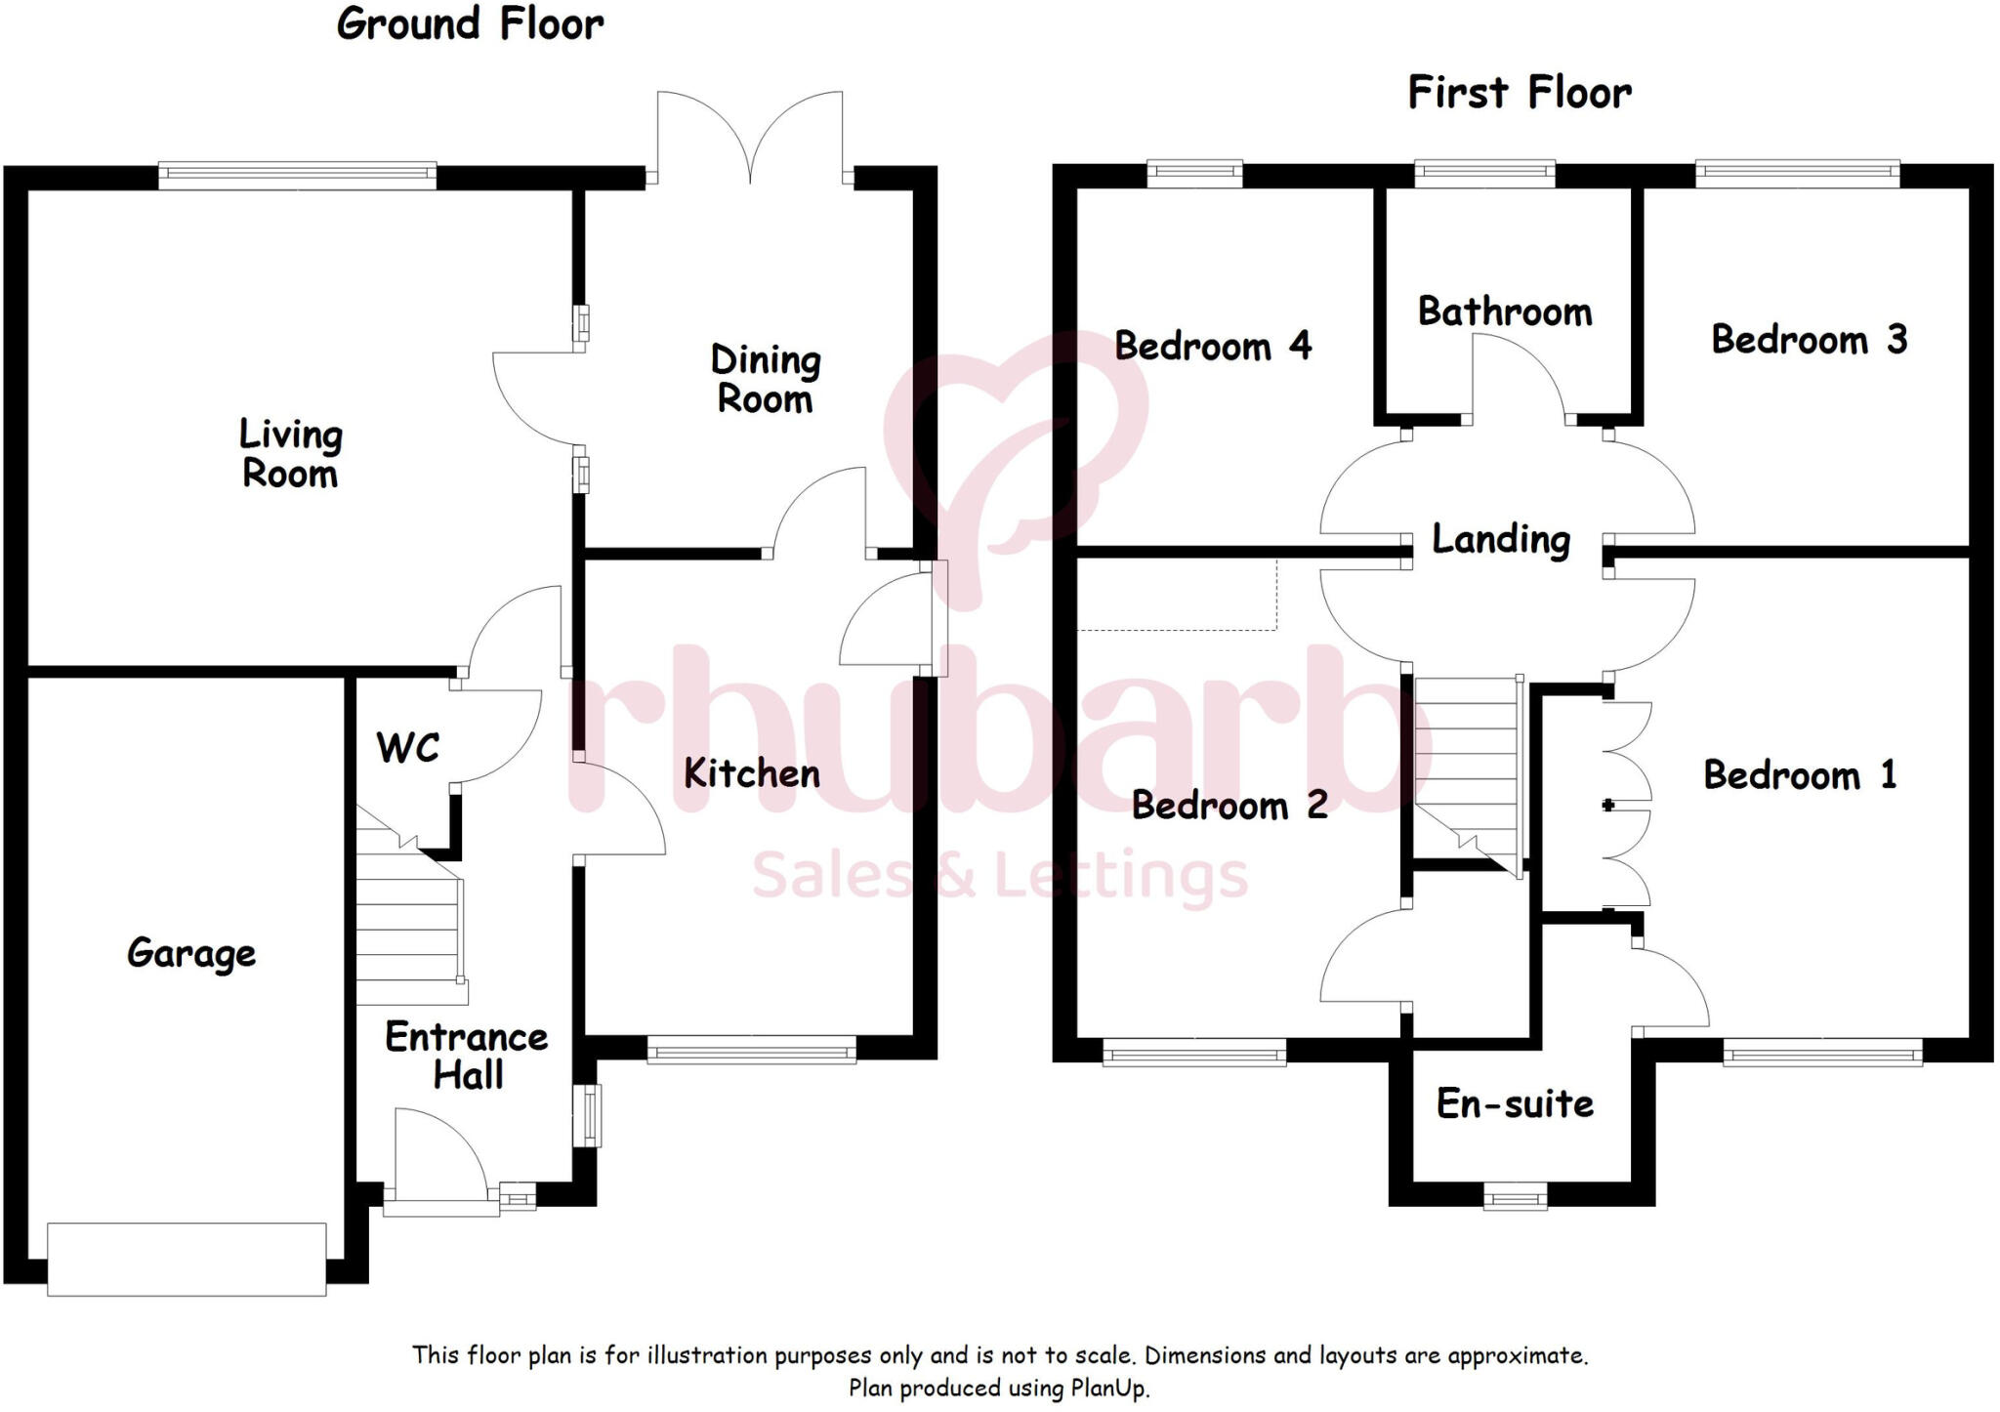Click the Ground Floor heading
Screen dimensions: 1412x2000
[x=470, y=24]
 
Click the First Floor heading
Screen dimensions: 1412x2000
[x=1519, y=94]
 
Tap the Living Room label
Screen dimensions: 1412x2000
[x=290, y=454]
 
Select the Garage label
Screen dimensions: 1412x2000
[x=191, y=953]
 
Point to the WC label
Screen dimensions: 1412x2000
[x=407, y=748]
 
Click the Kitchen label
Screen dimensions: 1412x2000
[x=751, y=773]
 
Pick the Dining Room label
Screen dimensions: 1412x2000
[x=765, y=380]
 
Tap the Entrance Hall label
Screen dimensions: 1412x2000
[x=467, y=1056]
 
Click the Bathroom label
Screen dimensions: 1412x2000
[x=1505, y=311]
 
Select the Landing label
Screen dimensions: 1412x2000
[x=1501, y=539]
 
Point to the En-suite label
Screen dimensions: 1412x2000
[x=1515, y=1104]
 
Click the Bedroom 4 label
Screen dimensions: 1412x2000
[x=1213, y=346]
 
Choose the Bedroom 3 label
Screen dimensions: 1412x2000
[x=1809, y=340]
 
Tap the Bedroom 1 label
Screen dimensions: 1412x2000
[x=1800, y=775]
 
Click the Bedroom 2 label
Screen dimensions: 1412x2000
[x=1229, y=806]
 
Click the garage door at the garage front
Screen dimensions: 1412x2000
[x=187, y=1260]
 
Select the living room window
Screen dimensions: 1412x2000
[x=297, y=175]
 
